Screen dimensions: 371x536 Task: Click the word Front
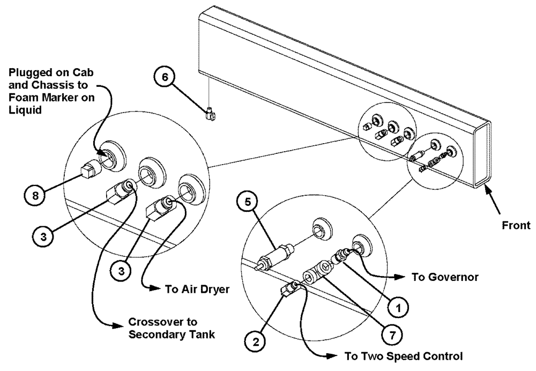(x=516, y=225)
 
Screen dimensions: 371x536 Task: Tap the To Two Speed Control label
(x=396, y=356)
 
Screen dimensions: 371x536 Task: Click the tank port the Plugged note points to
(x=109, y=157)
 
